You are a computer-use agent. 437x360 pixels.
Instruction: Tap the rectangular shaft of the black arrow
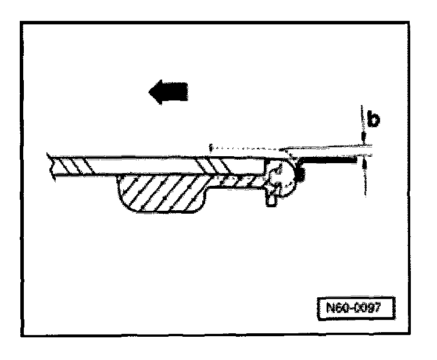click(177, 91)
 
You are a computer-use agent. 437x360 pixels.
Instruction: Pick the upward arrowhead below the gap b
click(364, 165)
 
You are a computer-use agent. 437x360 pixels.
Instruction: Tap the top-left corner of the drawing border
click(22, 22)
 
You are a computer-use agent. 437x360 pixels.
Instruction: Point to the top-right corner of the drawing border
click(414, 22)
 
